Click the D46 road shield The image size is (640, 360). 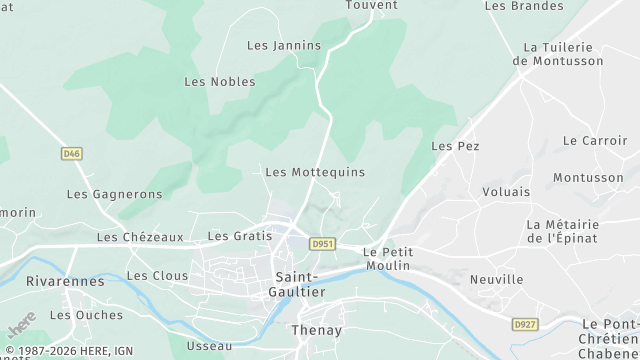70,153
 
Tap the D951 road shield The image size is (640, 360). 321,243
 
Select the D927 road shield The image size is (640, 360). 524,324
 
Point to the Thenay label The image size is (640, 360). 316,330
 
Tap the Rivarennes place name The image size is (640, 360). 65,281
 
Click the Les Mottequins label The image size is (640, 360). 315,172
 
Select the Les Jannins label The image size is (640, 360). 284,45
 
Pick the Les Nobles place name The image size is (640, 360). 220,81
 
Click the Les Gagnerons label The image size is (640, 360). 114,194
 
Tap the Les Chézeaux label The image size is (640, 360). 140,237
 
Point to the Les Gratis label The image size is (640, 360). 239,236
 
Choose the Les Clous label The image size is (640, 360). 157,275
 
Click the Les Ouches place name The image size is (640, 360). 86,315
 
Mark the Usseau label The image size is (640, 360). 209,346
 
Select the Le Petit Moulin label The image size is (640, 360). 388,259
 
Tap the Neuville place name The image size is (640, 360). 497,279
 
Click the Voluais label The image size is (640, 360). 506,191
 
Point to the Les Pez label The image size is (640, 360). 455,146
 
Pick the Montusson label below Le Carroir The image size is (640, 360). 588,177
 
